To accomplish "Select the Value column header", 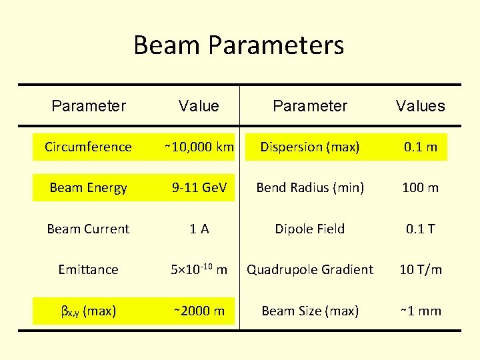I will (199, 106).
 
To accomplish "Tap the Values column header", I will (420, 106).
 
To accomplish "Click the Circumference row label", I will (88, 147).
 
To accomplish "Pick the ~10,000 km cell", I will (199, 147).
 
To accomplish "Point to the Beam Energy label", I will (88, 188).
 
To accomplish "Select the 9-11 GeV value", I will (199, 188).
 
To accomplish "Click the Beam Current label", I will (88, 229).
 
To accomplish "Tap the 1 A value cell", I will (199, 229).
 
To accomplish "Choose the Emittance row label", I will (88, 269).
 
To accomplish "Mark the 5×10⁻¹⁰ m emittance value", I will (199, 269).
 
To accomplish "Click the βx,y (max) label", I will (88, 311).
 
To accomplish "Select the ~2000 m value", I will (199, 311).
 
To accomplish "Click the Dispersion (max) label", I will (310, 147).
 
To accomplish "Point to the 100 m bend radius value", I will (420, 188).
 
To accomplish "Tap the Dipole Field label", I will (310, 229).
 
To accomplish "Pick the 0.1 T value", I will (420, 229).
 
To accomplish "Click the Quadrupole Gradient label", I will (310, 269).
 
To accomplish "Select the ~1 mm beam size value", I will (420, 311).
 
